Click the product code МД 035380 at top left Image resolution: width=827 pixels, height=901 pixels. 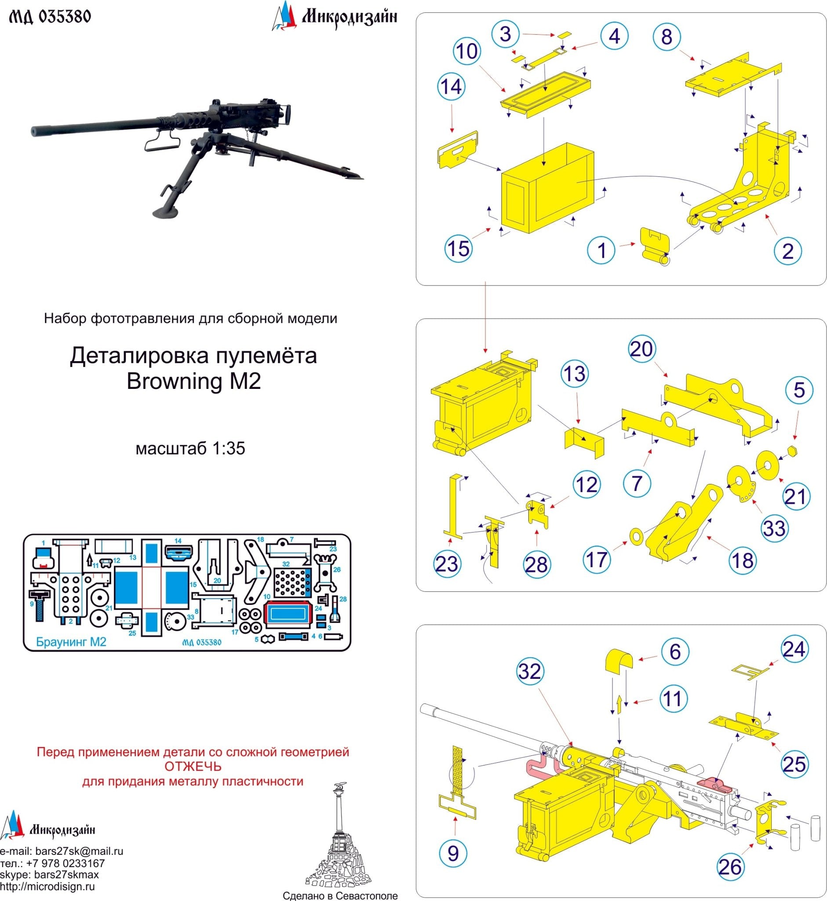click(x=50, y=17)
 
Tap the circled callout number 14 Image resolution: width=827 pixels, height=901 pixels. click(x=451, y=87)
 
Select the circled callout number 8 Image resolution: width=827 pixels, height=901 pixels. click(x=667, y=37)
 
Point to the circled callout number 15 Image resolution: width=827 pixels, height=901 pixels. click(x=458, y=249)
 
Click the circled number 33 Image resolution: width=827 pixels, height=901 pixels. click(x=774, y=528)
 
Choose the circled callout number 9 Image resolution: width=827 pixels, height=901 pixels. click(x=453, y=853)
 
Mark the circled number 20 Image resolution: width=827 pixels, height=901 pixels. click(x=642, y=349)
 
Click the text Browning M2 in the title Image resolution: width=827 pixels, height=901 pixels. click(x=193, y=381)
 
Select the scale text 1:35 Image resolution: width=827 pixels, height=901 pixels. click(x=228, y=449)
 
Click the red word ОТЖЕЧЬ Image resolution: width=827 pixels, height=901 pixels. click(x=193, y=766)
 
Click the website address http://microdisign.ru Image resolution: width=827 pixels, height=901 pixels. click(x=47, y=886)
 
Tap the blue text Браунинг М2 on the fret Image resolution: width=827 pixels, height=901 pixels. click(x=71, y=642)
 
